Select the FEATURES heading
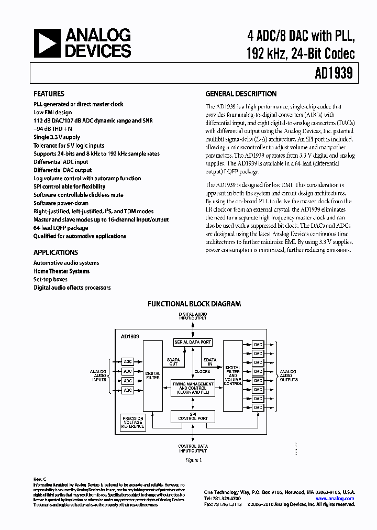tap(49, 94)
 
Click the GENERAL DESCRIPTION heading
tap(241, 94)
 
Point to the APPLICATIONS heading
tap(56, 252)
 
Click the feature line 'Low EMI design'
tap(53, 112)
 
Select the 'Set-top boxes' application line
tap(51, 280)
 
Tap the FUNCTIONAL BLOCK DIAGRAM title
tap(194, 304)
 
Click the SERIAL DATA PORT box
tap(193, 343)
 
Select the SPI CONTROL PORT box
tap(193, 416)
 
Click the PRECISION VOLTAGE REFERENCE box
tap(133, 423)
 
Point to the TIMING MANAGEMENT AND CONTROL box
tap(193, 388)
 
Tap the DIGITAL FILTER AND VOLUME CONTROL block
tap(233, 376)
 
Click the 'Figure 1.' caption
tap(193, 460)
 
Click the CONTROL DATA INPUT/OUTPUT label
tap(193, 448)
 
